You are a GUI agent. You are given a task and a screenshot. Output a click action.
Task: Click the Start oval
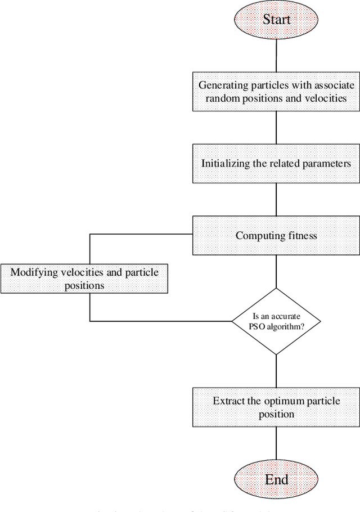tap(276, 20)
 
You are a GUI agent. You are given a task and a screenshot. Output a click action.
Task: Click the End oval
tap(276, 479)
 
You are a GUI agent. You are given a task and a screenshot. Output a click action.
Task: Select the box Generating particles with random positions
tap(276, 91)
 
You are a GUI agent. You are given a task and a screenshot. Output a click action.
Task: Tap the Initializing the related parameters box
tap(276, 163)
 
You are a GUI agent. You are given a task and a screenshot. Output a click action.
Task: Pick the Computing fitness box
tap(276, 235)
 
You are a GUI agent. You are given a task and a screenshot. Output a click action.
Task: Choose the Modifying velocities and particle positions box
tap(84, 279)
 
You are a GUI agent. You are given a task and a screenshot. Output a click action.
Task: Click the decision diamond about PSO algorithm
tap(276, 321)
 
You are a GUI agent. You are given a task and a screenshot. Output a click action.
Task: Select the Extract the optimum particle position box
tap(276, 407)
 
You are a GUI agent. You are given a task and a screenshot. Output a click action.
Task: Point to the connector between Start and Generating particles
tap(276, 55)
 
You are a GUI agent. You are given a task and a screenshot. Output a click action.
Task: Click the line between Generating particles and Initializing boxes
tap(276, 127)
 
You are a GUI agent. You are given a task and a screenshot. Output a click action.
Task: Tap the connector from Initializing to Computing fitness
tap(276, 199)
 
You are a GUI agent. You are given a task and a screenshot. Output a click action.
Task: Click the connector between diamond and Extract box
tap(276, 371)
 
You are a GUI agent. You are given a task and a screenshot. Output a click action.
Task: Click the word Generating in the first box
tap(220, 86)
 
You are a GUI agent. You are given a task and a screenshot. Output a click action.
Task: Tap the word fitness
tap(301, 236)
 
